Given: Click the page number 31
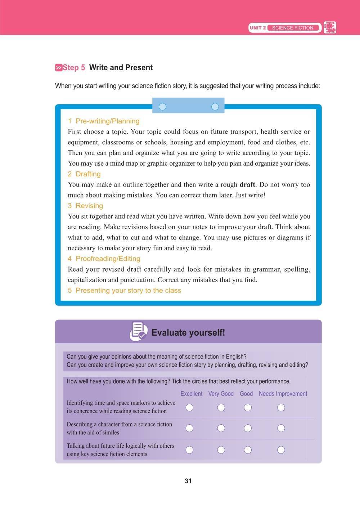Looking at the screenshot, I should pos(188,481).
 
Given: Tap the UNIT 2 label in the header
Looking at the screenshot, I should pos(258,28).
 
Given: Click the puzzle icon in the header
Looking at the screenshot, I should pos(330,27).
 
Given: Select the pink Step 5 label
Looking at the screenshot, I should pos(70,68).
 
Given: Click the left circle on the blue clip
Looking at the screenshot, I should pos(162,107).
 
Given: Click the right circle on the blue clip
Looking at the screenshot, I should pos(215,107).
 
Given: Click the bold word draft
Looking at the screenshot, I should pos(247,184).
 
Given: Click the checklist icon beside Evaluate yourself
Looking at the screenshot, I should pos(138,331).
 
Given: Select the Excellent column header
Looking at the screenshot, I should pos(191,394).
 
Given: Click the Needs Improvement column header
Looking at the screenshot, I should pos(283,394).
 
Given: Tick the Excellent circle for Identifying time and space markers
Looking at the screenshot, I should pos(189,407).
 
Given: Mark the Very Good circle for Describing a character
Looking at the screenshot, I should pos(221,428).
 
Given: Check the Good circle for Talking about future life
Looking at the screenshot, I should pos(247,450).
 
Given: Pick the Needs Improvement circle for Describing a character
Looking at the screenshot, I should pos(281,428).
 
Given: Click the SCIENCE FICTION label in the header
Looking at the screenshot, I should pos(292,28).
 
